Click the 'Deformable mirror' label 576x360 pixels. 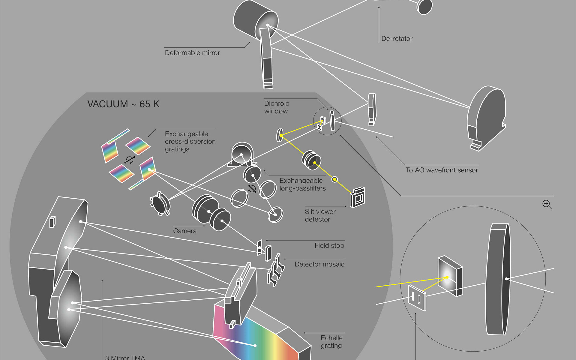192,53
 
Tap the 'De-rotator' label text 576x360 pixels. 397,39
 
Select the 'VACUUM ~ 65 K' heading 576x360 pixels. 123,104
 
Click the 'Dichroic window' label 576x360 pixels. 276,107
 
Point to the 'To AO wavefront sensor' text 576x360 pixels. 442,170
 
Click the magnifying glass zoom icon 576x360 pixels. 547,205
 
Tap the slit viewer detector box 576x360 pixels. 358,197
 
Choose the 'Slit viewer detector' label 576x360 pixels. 320,215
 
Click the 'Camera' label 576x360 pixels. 185,231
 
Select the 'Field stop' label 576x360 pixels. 329,246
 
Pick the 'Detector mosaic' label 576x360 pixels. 319,264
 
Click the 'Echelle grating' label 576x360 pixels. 331,342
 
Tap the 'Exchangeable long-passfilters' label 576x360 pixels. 302,184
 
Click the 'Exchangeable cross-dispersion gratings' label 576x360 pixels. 190,141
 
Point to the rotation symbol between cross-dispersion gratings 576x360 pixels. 130,160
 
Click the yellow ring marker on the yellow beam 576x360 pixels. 334,179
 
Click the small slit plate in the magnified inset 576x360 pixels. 417,298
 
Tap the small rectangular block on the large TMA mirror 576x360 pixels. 52,222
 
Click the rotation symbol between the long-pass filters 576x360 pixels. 252,189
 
